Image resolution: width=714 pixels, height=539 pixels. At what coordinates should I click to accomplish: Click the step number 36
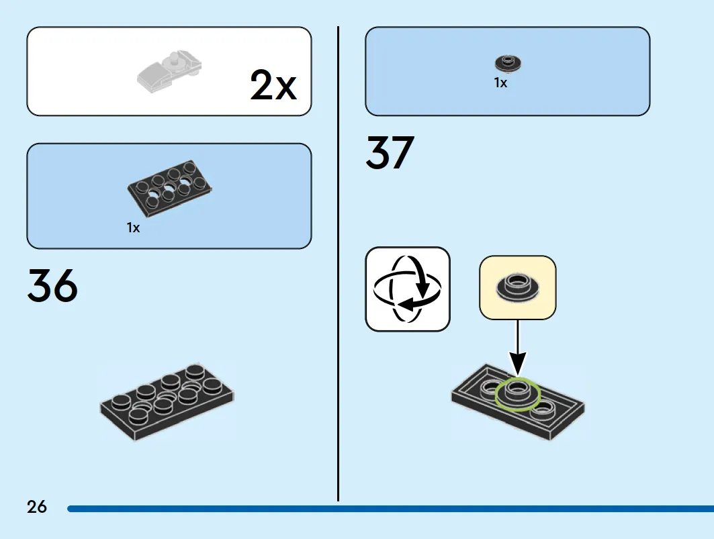coord(52,285)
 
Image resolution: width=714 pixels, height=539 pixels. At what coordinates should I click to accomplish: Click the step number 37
coord(390,152)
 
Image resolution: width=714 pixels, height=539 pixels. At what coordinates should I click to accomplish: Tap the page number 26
coord(36,507)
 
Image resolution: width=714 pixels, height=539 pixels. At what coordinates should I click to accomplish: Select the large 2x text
coord(273,85)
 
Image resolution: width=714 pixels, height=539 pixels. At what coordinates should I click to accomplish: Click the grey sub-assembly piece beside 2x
coord(169,70)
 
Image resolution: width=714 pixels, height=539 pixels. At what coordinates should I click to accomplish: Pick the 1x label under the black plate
coord(133,228)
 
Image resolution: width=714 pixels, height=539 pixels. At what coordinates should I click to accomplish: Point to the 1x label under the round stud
coord(500,83)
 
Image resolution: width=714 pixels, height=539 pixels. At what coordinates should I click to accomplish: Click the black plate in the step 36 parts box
coord(169,187)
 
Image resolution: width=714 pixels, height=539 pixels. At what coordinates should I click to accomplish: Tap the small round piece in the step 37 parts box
coord(508,63)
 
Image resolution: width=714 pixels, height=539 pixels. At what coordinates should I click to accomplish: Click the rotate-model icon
coord(408,289)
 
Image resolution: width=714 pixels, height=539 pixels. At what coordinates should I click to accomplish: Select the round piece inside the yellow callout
coord(517,287)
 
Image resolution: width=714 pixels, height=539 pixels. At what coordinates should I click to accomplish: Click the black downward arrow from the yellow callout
coord(517,348)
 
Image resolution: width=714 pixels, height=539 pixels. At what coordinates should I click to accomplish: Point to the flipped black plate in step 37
coord(518,403)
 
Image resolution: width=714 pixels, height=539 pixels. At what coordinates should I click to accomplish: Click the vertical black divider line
coord(338,264)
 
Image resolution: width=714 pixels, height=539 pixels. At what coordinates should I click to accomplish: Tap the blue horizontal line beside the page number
coord(391,509)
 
